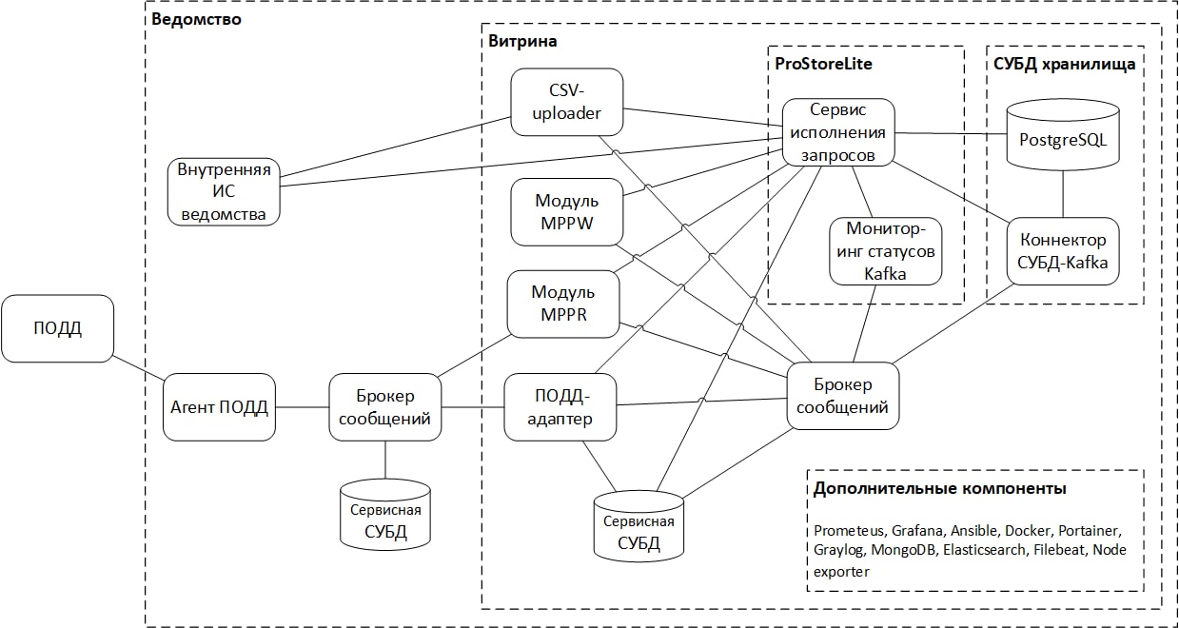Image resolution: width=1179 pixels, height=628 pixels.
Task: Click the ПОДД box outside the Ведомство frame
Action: [58, 328]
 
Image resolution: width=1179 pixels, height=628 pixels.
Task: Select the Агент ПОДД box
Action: [219, 407]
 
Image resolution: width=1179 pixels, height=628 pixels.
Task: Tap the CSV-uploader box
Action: [567, 102]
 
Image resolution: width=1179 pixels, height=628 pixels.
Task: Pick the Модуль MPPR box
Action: [563, 304]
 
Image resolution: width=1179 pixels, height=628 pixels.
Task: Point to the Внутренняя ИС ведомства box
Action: [225, 191]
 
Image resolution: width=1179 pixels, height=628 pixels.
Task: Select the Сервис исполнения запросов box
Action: [838, 132]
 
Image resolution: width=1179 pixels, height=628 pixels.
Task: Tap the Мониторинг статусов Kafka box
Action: [885, 251]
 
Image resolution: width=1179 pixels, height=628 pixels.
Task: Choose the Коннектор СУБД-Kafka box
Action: [1063, 251]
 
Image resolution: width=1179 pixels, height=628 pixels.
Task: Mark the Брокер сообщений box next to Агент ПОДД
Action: [385, 406]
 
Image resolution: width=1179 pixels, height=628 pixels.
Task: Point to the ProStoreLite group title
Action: [824, 65]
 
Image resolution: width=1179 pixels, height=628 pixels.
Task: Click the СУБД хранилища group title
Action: [1064, 65]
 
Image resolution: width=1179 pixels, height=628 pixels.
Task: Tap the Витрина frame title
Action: [522, 41]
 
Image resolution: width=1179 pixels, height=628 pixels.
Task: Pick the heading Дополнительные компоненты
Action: [939, 489]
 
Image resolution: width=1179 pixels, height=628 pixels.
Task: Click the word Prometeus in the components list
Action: [849, 530]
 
